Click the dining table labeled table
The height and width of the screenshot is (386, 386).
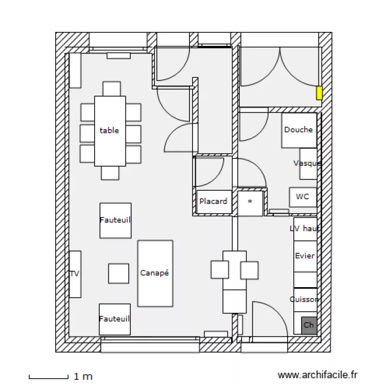[110, 131]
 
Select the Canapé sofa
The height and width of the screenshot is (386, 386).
[155, 273]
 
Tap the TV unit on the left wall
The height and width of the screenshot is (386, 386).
[75, 274]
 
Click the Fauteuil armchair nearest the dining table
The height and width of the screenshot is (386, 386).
[115, 220]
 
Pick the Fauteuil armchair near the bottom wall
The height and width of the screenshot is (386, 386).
[115, 319]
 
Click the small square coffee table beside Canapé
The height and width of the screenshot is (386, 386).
[118, 273]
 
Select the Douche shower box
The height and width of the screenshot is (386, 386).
[299, 130]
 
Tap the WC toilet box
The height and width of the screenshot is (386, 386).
[303, 197]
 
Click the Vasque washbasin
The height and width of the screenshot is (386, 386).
[308, 163]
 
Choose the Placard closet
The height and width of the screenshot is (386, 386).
[213, 201]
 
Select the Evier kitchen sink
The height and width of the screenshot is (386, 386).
[305, 256]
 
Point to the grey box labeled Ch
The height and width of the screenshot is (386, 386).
[309, 325]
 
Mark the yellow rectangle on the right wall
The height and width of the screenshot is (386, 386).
[319, 93]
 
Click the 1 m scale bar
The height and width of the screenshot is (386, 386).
[49, 377]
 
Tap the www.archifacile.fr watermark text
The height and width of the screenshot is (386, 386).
[317, 376]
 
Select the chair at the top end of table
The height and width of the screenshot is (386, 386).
[111, 89]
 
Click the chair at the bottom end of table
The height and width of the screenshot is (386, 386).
[110, 173]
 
